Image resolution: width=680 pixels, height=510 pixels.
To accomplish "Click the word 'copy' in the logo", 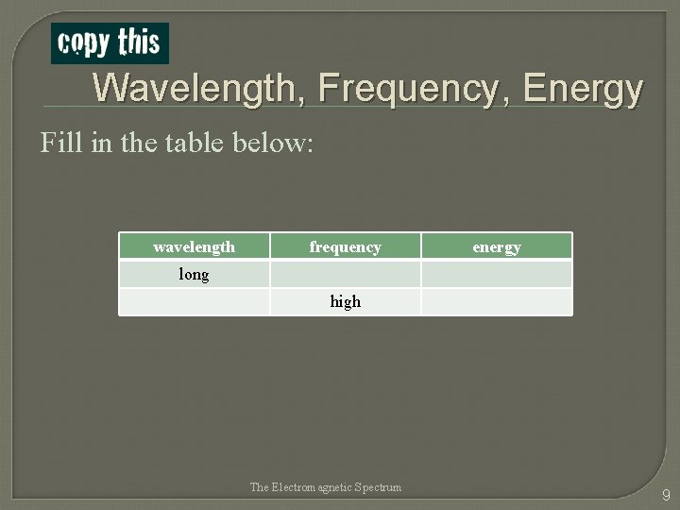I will [84, 43].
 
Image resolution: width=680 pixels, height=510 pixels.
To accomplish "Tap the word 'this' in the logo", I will [138, 42].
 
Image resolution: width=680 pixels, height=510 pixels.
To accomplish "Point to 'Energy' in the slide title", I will [583, 90].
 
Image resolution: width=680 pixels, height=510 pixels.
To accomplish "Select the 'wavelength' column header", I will [194, 246].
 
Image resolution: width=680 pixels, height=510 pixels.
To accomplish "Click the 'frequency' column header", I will [345, 246].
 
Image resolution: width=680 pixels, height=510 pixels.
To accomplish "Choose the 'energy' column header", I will [496, 246].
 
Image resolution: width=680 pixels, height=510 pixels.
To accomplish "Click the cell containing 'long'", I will [194, 274].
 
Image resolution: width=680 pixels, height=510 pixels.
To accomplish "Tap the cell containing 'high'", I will [345, 301].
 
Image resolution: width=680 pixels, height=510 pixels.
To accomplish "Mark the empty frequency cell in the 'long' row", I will [345, 274].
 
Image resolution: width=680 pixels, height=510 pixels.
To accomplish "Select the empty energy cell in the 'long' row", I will [496, 274].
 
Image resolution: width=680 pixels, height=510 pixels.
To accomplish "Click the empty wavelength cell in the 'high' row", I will [194, 301].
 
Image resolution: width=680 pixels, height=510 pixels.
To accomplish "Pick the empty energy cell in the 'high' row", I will [496, 301].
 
